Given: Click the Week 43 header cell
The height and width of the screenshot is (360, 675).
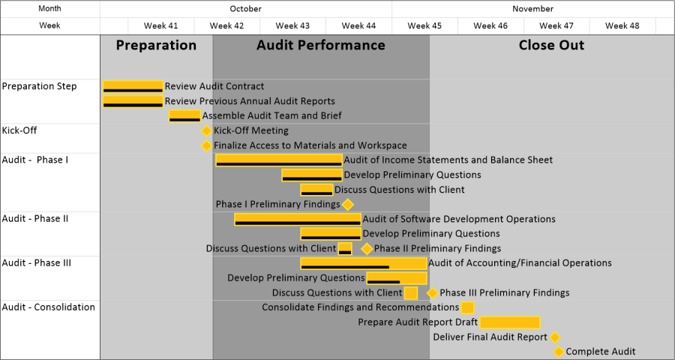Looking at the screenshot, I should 292,25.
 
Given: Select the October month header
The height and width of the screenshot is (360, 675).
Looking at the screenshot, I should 245,9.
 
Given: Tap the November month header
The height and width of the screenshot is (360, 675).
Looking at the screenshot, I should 532,9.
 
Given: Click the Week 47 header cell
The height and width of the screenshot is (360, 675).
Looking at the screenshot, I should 556,25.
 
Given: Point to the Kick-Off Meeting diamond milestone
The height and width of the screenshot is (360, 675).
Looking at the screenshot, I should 207,130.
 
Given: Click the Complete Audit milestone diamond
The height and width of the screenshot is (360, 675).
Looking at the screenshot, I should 558,352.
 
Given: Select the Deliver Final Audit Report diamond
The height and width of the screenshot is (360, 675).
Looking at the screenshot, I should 555,337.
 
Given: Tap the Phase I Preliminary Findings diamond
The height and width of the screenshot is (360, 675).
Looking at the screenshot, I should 347,204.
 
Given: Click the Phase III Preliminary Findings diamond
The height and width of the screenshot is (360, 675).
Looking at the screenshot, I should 432,293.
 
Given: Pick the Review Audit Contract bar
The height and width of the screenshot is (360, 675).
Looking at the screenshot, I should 133,86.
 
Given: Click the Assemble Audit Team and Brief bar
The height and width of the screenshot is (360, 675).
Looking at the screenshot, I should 184,115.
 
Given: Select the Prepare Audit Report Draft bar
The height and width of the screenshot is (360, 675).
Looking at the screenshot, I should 510,322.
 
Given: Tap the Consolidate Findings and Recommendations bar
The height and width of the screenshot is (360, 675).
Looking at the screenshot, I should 467,307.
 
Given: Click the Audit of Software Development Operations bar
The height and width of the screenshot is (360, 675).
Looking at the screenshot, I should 297,219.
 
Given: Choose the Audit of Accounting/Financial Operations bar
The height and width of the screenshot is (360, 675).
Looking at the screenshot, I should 363,263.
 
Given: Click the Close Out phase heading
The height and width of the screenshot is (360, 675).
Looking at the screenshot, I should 551,45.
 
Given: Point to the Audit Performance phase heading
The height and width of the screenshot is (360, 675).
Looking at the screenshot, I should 320,45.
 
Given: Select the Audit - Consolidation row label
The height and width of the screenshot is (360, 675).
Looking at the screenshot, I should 49,307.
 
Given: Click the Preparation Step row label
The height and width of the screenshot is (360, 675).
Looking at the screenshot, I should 39,86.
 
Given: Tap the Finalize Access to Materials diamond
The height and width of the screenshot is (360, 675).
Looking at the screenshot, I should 207,145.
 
